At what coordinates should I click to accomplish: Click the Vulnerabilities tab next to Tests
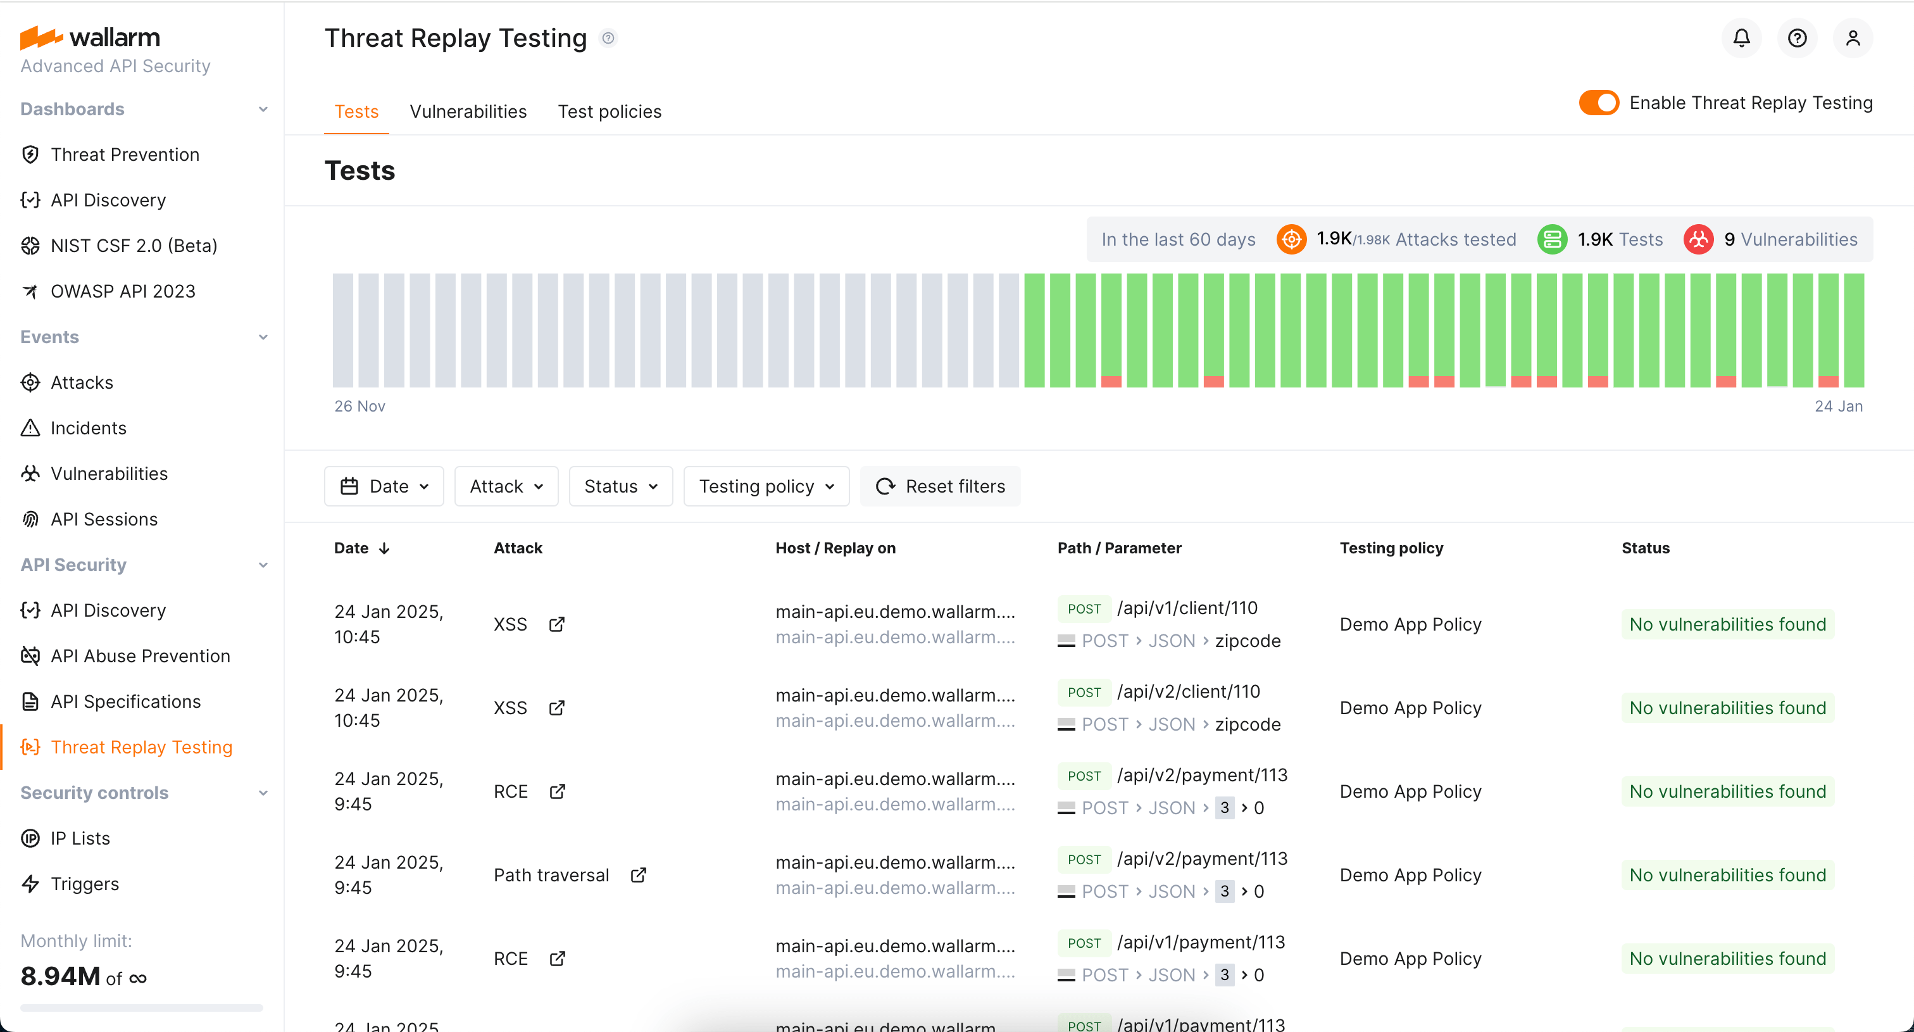pos(468,111)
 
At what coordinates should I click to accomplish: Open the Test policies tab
pos(610,111)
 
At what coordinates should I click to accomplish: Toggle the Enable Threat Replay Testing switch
pos(1598,103)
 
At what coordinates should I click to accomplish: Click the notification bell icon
pos(1741,38)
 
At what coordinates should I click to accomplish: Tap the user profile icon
pos(1853,38)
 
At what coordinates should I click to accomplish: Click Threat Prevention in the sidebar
pos(125,154)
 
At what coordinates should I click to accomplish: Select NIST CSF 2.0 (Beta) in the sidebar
pos(134,246)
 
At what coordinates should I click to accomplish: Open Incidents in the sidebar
pos(89,428)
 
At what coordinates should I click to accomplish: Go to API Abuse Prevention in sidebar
pos(141,656)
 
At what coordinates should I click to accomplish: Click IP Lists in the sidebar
pos(80,838)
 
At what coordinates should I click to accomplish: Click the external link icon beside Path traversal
pos(638,875)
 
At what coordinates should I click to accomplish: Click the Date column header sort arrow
pos(384,548)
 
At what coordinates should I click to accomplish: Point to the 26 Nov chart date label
pos(360,406)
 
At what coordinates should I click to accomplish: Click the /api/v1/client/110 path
pos(1187,608)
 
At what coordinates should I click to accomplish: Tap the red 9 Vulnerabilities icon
pos(1698,239)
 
